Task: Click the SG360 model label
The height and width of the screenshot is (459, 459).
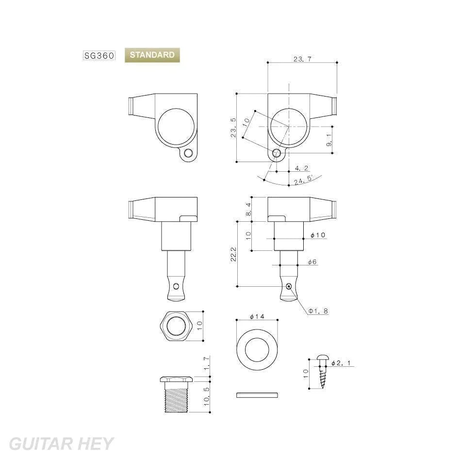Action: pos(99,55)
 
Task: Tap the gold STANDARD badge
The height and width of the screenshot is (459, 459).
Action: pos(152,55)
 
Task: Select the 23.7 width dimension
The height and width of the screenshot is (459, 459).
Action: pos(302,59)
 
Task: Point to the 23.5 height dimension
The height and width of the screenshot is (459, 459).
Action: pos(233,128)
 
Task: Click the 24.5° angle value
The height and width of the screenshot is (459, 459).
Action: pos(304,180)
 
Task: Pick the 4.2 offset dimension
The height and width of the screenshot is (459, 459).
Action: pos(301,168)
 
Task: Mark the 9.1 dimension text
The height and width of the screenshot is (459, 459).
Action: pos(328,140)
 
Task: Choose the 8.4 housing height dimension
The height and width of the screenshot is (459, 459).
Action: pos(248,209)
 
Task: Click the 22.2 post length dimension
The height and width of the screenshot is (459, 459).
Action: pos(233,254)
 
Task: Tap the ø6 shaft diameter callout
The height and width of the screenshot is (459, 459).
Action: pos(312,262)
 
